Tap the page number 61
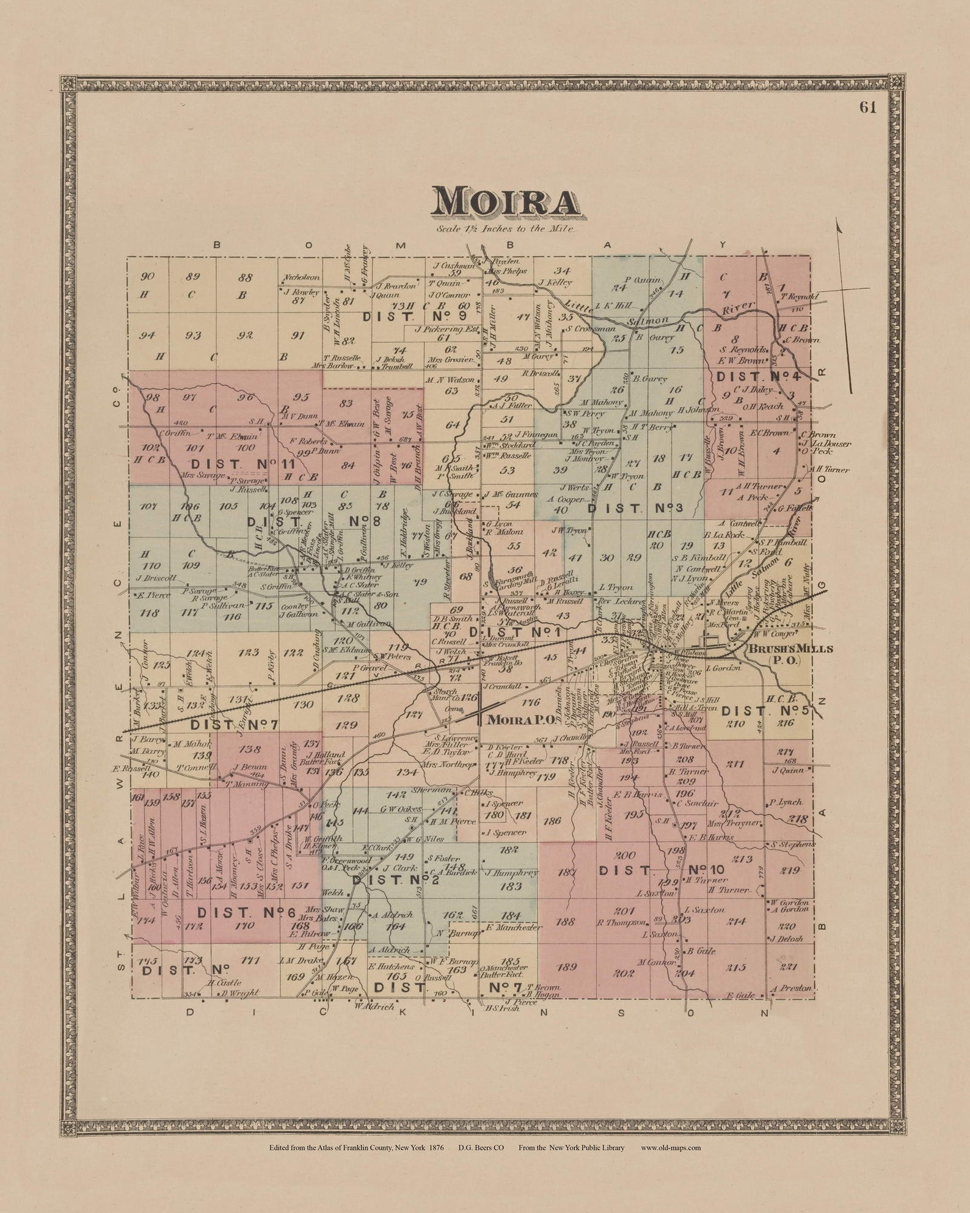[x=867, y=108]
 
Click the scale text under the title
[x=505, y=229]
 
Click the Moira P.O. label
[x=521, y=720]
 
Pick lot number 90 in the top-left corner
[x=147, y=276]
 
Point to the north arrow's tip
[x=838, y=223]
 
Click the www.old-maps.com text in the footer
[x=671, y=1147]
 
